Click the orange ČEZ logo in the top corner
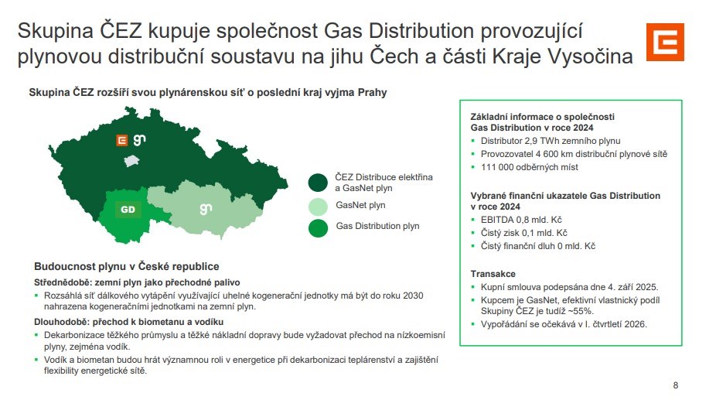pos(665,42)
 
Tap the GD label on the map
pos(128,210)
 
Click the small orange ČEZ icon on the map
pos(121,140)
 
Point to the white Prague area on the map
pos(131,160)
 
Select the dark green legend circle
pos(318,183)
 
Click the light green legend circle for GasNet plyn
pos(318,207)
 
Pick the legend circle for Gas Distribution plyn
pos(318,228)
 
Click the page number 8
pos(676,385)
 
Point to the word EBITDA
pos(497,220)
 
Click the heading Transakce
pos(493,274)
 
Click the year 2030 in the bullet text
pos(413,296)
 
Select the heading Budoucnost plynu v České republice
pos(127,266)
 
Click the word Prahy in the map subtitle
pos(372,92)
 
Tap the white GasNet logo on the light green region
pos(206,209)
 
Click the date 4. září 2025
pos(632,287)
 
